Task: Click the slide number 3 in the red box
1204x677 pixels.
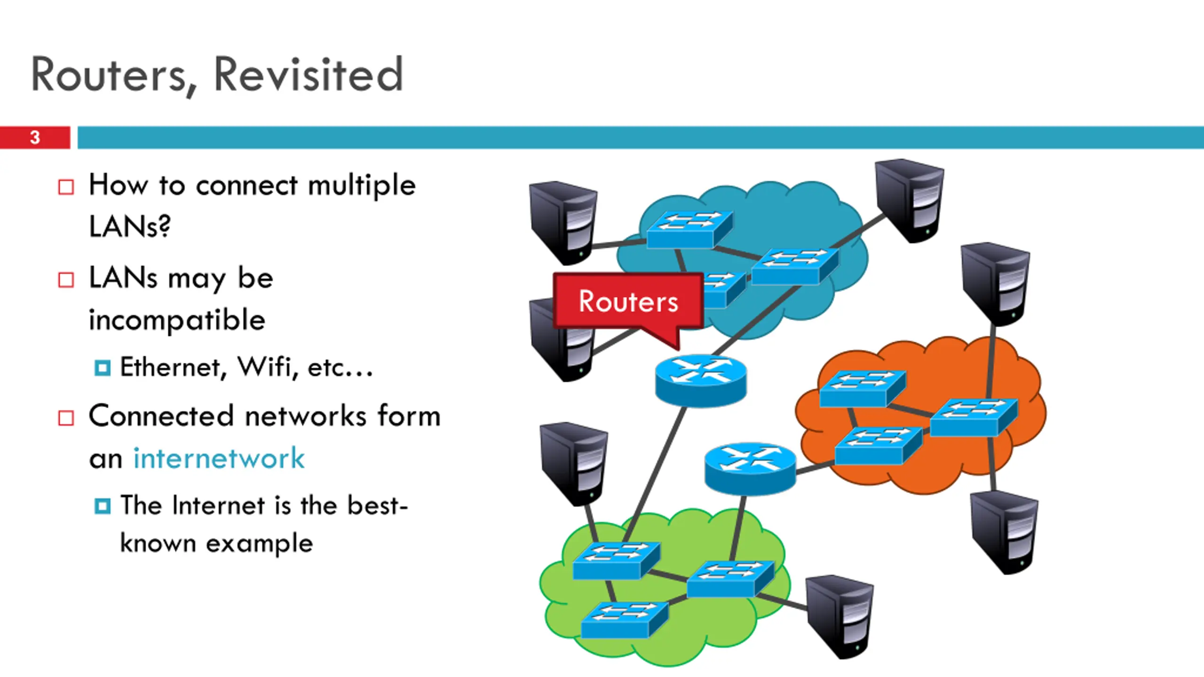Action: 35,137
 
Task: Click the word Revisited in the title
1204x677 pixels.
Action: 308,74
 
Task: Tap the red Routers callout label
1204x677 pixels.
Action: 628,301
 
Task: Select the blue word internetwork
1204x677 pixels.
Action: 219,458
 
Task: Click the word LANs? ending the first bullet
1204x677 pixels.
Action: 129,227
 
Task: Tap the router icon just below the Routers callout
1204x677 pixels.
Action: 700,380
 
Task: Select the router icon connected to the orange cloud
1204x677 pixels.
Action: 750,467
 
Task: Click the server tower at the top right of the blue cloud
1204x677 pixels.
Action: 909,201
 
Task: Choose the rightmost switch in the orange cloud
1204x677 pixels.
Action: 973,417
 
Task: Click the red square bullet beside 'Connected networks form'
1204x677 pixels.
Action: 66,417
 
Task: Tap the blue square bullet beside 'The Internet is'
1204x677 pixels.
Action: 103,506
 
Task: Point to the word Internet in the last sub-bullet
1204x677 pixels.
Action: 219,506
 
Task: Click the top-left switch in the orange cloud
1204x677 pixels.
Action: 862,388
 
